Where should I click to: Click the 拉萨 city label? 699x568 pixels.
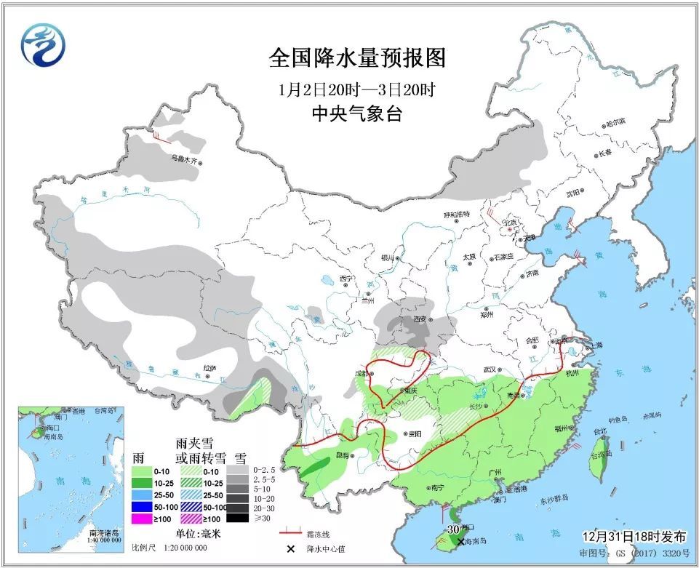coord(209,369)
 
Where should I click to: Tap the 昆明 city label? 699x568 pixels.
coord(340,455)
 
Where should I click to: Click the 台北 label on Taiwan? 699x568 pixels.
coord(600,431)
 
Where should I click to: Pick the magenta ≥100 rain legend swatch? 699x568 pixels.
coord(142,519)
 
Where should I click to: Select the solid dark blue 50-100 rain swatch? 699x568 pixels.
coord(142,506)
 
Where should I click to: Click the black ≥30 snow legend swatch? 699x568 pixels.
coord(236,518)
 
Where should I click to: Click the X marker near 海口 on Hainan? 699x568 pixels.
coord(460,541)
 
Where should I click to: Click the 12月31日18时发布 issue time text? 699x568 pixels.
coord(634,537)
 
